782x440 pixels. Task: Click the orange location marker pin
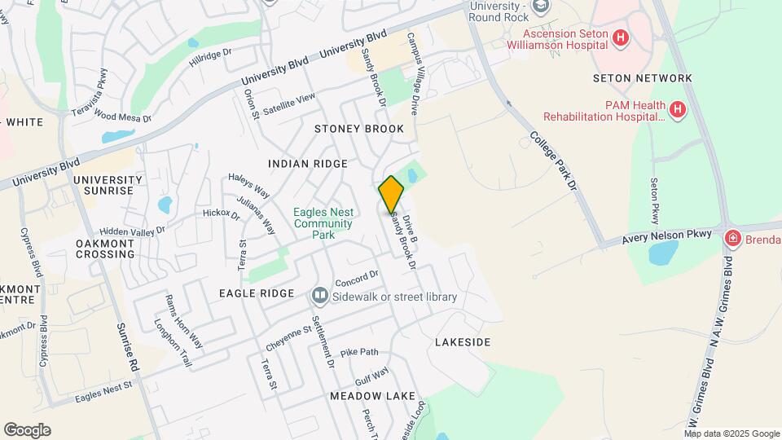tap(391, 194)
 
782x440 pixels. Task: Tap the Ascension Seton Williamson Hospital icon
tap(621, 37)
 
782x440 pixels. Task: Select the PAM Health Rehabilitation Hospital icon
tap(677, 108)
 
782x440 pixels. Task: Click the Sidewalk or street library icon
tap(319, 295)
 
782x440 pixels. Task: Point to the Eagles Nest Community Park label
tap(323, 224)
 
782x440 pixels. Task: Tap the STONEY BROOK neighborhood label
tap(359, 130)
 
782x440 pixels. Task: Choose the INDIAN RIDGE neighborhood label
tap(308, 164)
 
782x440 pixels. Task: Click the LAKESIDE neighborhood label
tap(463, 342)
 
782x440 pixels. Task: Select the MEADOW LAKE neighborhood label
tap(372, 396)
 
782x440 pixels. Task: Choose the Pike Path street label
tap(359, 352)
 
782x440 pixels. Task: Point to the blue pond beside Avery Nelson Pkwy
tap(663, 253)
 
